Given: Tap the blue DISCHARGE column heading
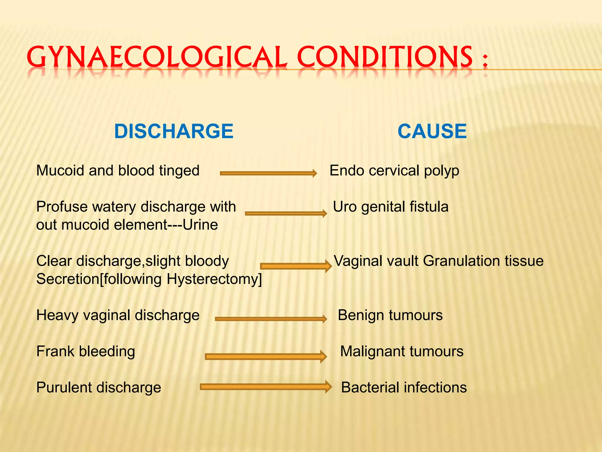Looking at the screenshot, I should click(x=174, y=131).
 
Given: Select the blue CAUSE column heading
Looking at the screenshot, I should click(x=432, y=131).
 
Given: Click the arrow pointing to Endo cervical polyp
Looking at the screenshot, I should click(x=268, y=173).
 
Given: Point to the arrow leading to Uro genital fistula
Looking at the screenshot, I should click(x=286, y=213).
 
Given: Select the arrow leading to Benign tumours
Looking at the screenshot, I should click(x=271, y=319).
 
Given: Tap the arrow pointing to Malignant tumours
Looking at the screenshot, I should click(x=266, y=357).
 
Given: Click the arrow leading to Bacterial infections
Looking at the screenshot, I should click(x=266, y=387).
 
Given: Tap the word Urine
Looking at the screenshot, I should click(x=200, y=225).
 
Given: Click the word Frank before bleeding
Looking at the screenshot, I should click(x=55, y=351).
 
